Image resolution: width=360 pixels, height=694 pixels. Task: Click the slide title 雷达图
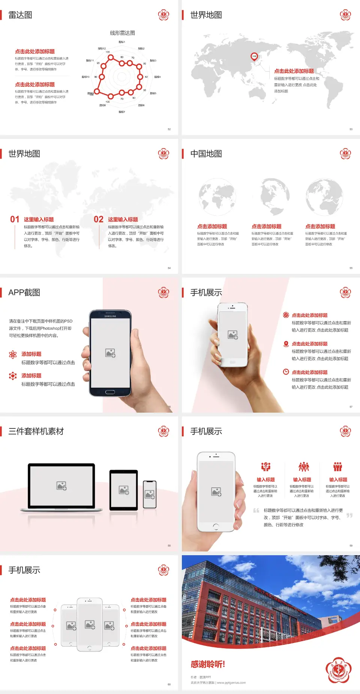[20, 15]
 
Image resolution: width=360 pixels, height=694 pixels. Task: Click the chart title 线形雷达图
[122, 33]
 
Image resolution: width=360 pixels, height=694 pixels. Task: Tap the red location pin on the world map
[254, 57]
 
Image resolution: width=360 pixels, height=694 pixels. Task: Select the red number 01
[15, 219]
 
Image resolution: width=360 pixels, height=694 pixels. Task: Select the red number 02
[99, 219]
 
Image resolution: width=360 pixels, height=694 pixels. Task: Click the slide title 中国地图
[206, 154]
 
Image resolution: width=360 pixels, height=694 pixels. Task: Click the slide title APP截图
[24, 293]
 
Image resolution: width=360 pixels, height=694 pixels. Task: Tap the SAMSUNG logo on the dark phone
[110, 316]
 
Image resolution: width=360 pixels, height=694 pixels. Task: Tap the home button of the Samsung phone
[110, 392]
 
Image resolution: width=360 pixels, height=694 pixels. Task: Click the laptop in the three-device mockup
[61, 488]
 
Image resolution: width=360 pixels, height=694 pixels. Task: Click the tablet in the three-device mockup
[124, 490]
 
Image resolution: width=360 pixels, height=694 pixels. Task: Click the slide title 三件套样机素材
[36, 431]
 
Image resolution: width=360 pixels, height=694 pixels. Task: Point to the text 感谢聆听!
[208, 664]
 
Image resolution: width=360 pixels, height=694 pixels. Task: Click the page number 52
[169, 129]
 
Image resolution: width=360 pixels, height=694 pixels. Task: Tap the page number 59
[351, 546]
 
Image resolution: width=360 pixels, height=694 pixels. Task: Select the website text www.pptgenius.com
[231, 683]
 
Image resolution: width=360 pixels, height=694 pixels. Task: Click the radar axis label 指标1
[122, 42]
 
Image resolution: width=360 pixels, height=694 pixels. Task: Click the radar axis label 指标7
[122, 112]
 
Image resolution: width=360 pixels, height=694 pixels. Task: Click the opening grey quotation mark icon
[256, 511]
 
